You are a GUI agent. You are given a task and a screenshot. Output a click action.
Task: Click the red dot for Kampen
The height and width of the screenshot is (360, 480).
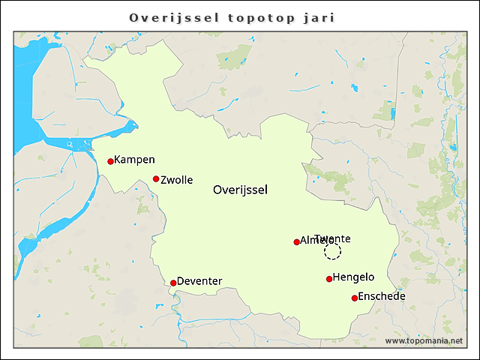coord(110,161)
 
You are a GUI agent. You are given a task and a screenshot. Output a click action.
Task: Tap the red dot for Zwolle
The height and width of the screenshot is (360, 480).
coord(156,179)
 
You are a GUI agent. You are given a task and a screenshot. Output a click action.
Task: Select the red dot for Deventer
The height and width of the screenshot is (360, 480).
coord(173,283)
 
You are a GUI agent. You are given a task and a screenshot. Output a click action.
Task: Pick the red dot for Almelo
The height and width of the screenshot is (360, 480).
coord(296,242)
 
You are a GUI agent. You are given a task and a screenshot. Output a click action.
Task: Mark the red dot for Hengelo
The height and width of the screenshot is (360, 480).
coord(329,280)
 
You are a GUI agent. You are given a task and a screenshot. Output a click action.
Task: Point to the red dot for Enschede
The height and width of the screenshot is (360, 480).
coord(355,298)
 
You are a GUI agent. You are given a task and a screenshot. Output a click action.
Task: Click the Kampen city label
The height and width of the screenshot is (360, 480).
coord(135,160)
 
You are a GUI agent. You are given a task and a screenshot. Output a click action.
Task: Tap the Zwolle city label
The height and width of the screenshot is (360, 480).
coord(177,180)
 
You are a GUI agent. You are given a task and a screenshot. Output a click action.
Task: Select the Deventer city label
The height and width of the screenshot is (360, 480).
coord(199,281)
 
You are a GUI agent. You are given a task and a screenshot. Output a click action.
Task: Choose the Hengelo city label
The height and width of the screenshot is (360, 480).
coord(353,277)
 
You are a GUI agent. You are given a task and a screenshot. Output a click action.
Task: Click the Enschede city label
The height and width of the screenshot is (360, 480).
coord(382,296)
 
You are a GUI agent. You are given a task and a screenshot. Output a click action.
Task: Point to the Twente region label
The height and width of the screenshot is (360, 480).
coord(333,238)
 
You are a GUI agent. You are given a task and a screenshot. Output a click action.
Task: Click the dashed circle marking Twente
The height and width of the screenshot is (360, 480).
coord(332,251)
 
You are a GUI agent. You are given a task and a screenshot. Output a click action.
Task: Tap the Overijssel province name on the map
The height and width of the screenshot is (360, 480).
coord(240,190)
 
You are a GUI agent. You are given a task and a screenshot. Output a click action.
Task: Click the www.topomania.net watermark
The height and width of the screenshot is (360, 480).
coord(424,341)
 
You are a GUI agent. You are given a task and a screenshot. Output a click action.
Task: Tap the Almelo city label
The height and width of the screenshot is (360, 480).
coord(312,241)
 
